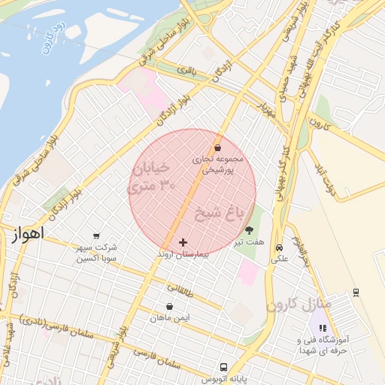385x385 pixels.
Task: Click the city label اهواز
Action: tap(29, 234)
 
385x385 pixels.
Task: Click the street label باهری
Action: tap(186, 71)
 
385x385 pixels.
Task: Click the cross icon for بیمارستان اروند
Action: tap(183, 242)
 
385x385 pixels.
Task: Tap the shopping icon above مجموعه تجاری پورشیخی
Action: tap(217, 147)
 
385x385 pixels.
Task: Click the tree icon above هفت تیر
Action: tap(250, 230)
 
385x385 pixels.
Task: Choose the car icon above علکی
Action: tap(279, 247)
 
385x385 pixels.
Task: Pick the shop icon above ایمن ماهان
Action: tap(169, 307)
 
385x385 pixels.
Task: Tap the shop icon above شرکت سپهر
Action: tap(96, 235)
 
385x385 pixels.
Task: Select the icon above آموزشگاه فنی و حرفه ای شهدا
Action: tap(323, 328)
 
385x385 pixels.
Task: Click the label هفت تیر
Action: tap(249, 243)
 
